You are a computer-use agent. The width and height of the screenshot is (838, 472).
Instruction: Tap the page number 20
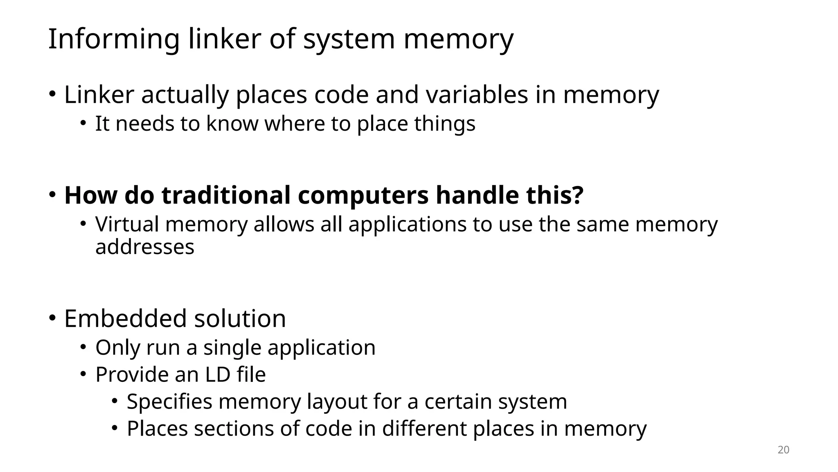pyautogui.click(x=783, y=450)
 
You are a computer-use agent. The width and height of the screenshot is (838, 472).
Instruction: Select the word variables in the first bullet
pyautogui.click(x=477, y=95)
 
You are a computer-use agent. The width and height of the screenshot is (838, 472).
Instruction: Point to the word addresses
pyautogui.click(x=145, y=247)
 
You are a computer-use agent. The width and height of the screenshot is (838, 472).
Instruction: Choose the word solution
pyautogui.click(x=240, y=318)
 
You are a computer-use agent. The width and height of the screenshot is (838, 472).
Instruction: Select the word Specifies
pyautogui.click(x=169, y=402)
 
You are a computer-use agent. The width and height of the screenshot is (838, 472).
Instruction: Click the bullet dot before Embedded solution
pyautogui.click(x=52, y=318)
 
